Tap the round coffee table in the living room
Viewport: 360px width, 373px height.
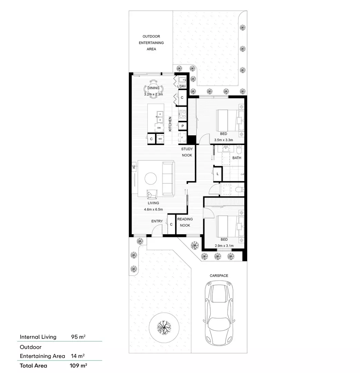click(x=151, y=178)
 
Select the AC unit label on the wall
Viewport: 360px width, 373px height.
click(x=134, y=167)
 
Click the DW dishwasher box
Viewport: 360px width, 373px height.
click(x=159, y=128)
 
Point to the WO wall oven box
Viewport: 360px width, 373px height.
click(x=160, y=139)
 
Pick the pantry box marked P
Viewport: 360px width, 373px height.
click(x=183, y=126)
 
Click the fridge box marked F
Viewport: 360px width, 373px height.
click(x=182, y=138)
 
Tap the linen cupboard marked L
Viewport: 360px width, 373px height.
click(x=217, y=174)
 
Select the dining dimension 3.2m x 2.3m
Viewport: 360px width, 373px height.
click(x=153, y=94)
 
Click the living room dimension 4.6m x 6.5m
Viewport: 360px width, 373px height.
click(x=153, y=210)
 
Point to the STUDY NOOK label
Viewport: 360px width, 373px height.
click(x=187, y=152)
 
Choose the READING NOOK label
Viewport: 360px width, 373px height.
click(x=185, y=222)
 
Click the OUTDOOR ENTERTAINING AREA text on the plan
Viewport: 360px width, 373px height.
click(x=151, y=43)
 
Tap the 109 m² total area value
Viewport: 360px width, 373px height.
click(x=78, y=366)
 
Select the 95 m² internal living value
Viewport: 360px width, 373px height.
click(x=78, y=337)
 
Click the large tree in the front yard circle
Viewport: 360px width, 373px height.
click(x=164, y=327)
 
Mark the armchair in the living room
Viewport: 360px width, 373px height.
click(x=152, y=194)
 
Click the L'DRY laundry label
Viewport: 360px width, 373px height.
click(x=182, y=86)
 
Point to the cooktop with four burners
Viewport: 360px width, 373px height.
click(x=182, y=114)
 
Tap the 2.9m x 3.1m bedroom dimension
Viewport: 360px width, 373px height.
click(x=224, y=246)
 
